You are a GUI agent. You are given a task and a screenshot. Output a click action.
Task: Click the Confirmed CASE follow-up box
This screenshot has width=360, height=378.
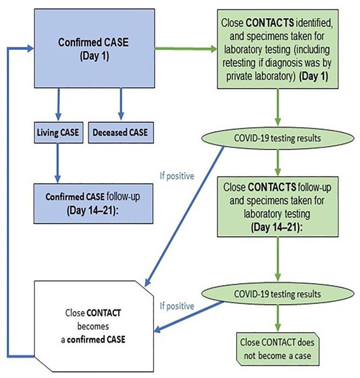point(93,203)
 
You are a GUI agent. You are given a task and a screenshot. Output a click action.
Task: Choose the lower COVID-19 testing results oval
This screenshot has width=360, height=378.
point(277,292)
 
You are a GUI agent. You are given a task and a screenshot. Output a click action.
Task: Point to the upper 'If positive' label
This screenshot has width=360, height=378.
point(177,176)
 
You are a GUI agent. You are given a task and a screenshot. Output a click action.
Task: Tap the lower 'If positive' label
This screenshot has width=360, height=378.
point(177,306)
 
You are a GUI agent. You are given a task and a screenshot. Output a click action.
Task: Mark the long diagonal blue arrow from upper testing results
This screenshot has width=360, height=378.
point(185,213)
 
